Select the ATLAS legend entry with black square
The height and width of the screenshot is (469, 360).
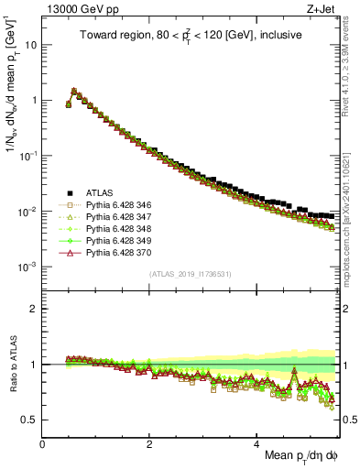104,193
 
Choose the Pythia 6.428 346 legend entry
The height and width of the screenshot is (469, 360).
121,207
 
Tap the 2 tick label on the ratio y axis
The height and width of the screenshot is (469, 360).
34,309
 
